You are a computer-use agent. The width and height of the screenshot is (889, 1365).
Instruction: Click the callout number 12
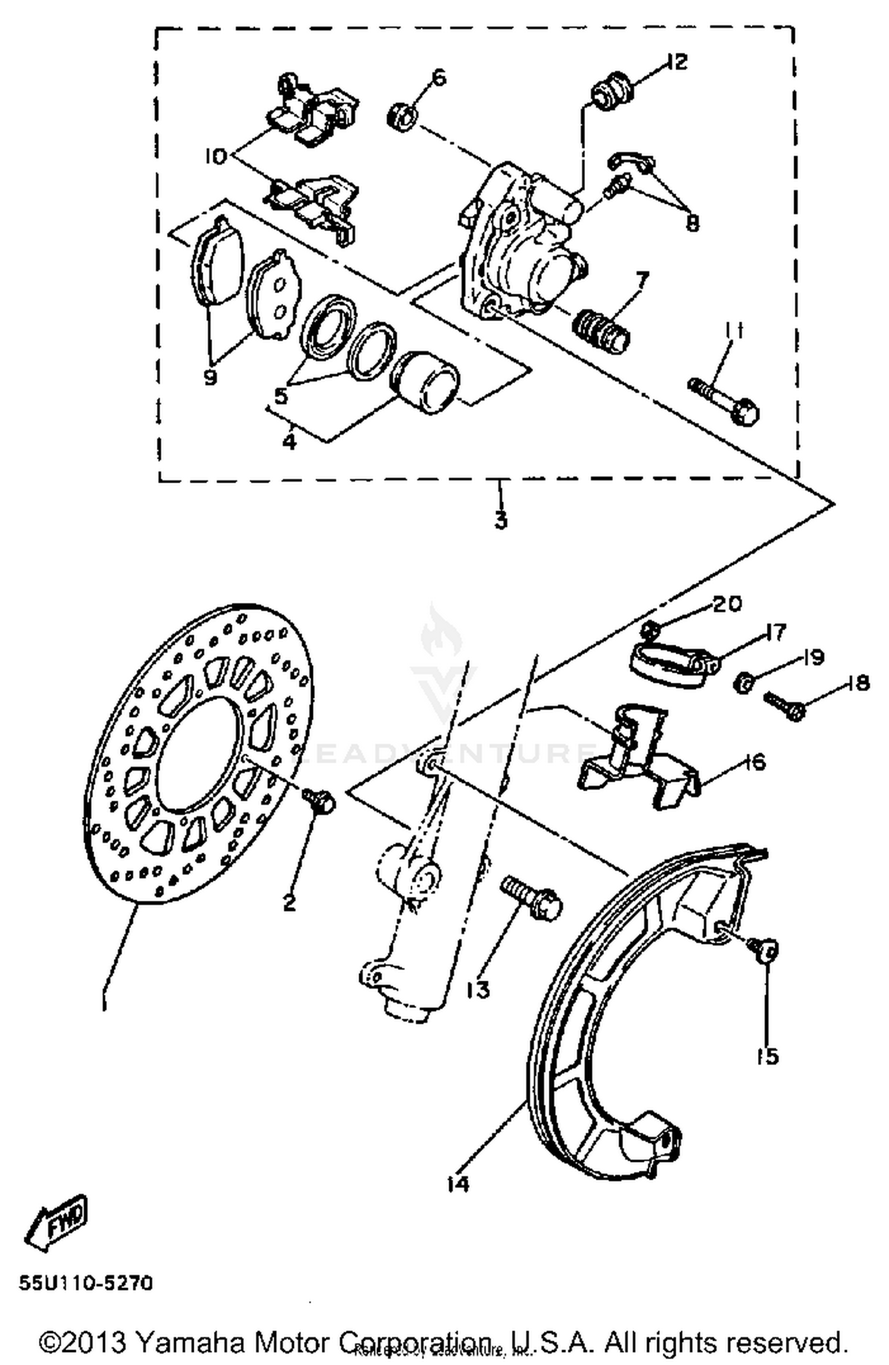pos(674,62)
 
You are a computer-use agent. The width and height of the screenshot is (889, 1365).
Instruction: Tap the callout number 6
pos(439,78)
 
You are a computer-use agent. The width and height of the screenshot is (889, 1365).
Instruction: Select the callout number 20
pos(727,605)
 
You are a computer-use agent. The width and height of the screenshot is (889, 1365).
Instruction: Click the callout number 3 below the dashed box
pos(501,521)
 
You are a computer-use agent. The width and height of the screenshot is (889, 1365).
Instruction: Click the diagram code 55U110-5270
pos(86,1284)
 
